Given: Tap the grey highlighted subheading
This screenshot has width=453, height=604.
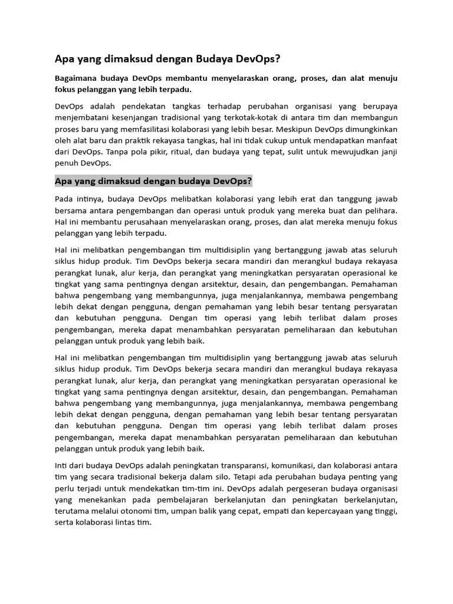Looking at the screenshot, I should coord(153,180).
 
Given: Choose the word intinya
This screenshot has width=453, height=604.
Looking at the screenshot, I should coord(87,199).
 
